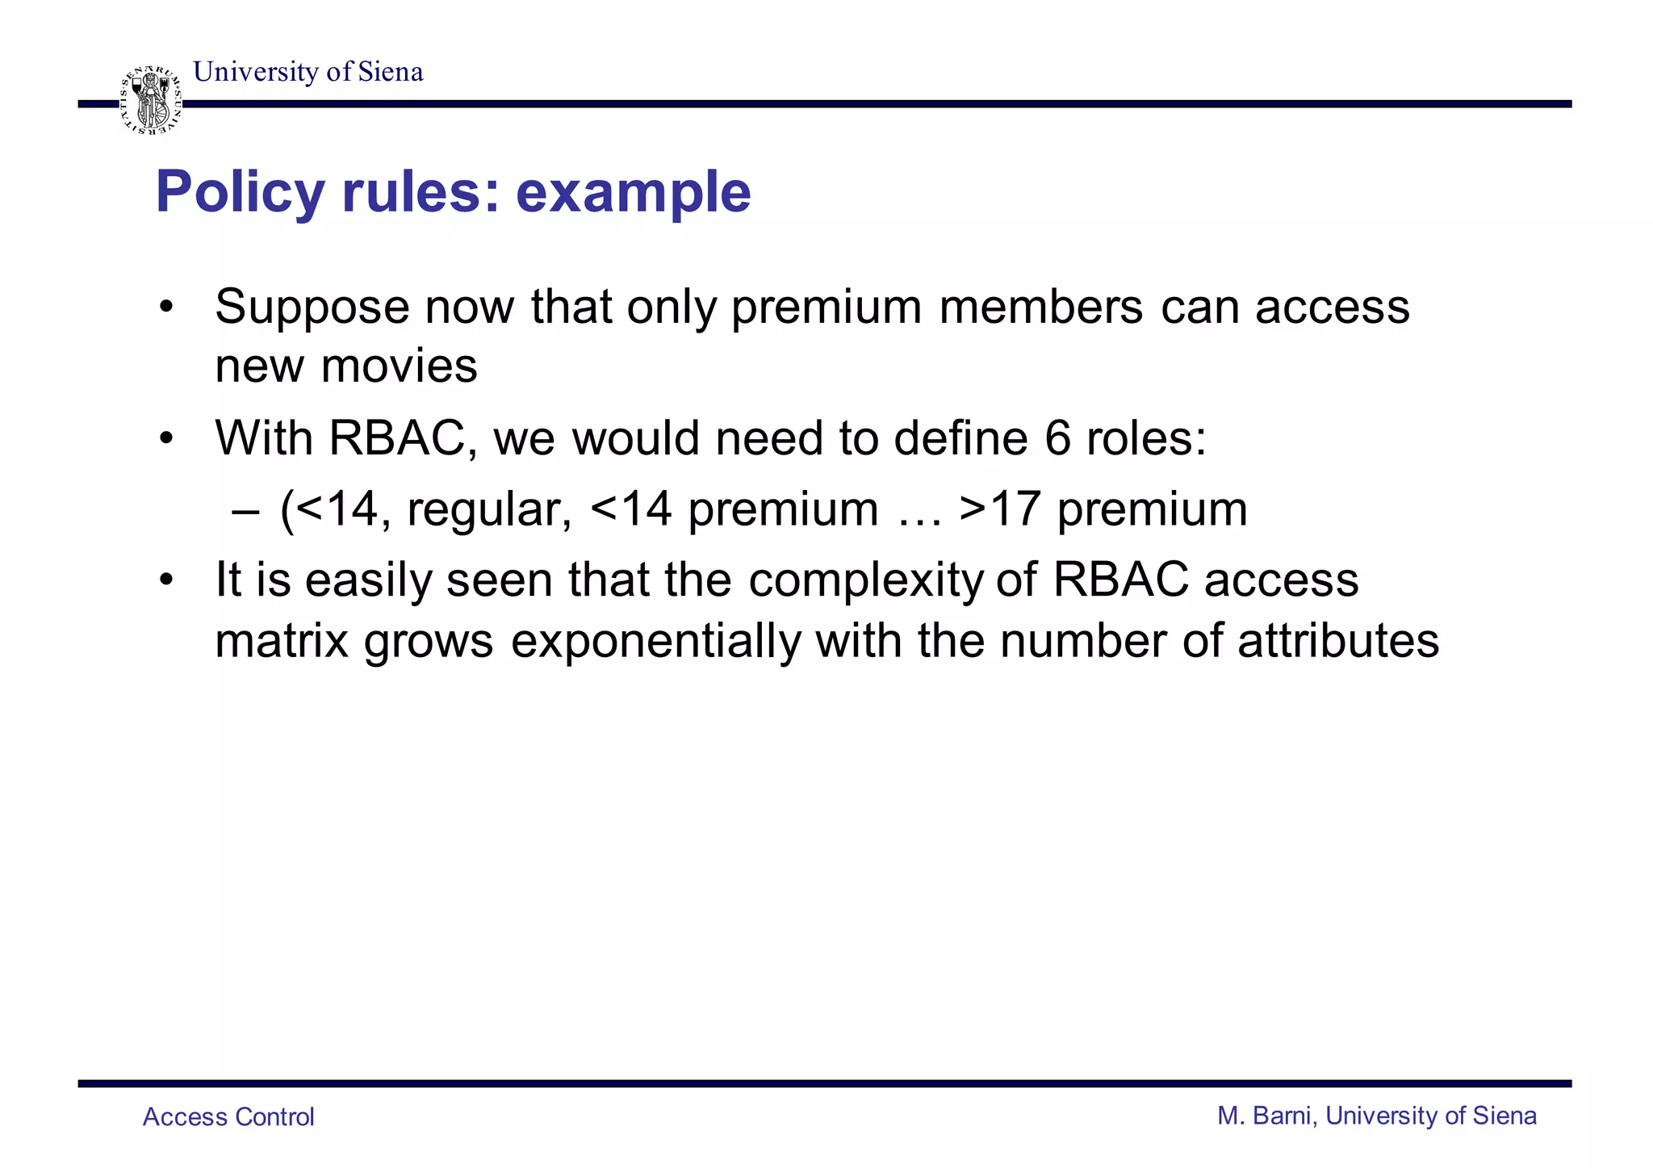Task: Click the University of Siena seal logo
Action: click(x=151, y=101)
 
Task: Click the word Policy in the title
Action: click(x=239, y=193)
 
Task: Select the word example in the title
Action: click(x=633, y=193)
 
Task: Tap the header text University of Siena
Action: click(x=308, y=72)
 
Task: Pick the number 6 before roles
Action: click(x=1057, y=438)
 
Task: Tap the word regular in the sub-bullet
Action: click(x=489, y=509)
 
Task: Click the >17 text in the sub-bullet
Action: click(x=1000, y=509)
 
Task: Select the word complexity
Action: click(x=866, y=580)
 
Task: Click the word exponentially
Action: click(x=655, y=641)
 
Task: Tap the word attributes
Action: click(x=1337, y=641)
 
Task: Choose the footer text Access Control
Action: click(x=228, y=1117)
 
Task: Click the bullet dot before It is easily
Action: click(x=166, y=580)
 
